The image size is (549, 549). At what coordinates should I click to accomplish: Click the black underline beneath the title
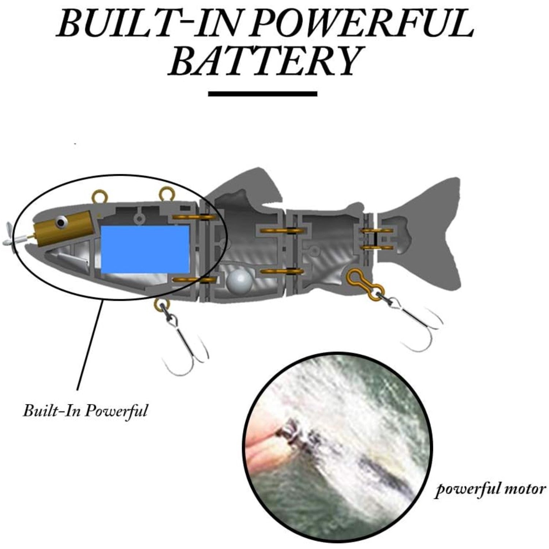click(262, 94)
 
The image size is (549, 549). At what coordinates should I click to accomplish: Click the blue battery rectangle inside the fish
click(145, 249)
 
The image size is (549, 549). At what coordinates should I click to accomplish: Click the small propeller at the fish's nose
click(10, 234)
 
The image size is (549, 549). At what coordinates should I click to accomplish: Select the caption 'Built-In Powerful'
click(85, 410)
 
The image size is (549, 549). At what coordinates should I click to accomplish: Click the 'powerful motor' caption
click(490, 489)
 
